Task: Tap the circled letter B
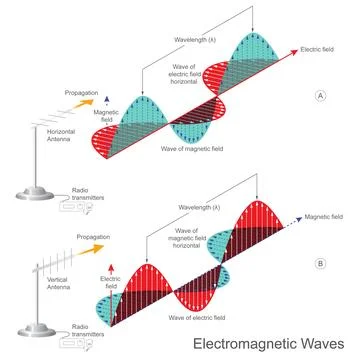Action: coord(320,265)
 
